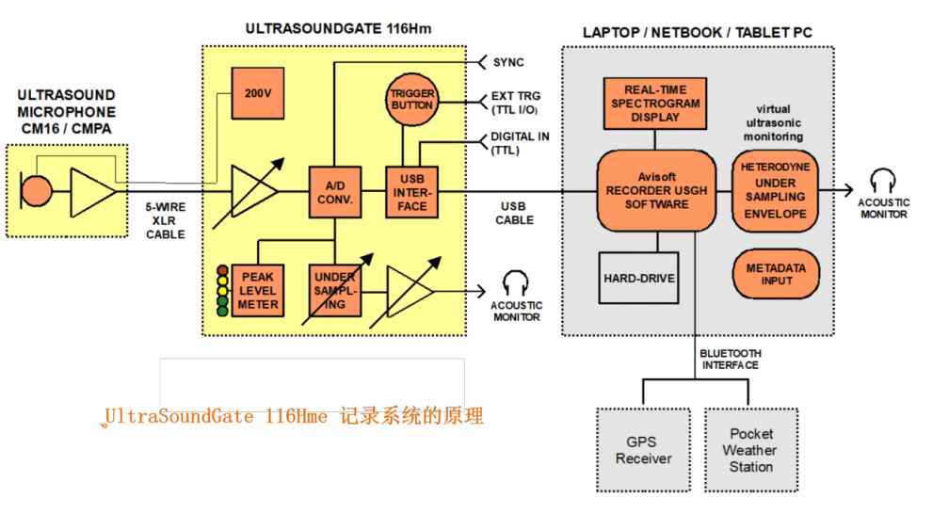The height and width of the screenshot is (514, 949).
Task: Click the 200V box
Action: tap(256, 94)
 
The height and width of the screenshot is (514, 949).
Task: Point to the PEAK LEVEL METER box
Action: tap(257, 290)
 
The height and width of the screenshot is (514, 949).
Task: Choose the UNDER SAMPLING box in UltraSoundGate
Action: tap(335, 290)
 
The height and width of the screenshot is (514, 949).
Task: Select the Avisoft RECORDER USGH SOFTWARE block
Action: tap(657, 192)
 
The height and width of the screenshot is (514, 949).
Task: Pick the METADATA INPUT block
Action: tap(776, 275)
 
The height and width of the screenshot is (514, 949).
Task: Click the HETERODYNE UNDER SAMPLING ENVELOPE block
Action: tap(775, 190)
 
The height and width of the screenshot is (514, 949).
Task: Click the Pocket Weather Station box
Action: tap(750, 449)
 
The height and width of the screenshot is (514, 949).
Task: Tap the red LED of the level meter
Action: tap(223, 268)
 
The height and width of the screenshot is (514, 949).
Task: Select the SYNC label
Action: tap(508, 62)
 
